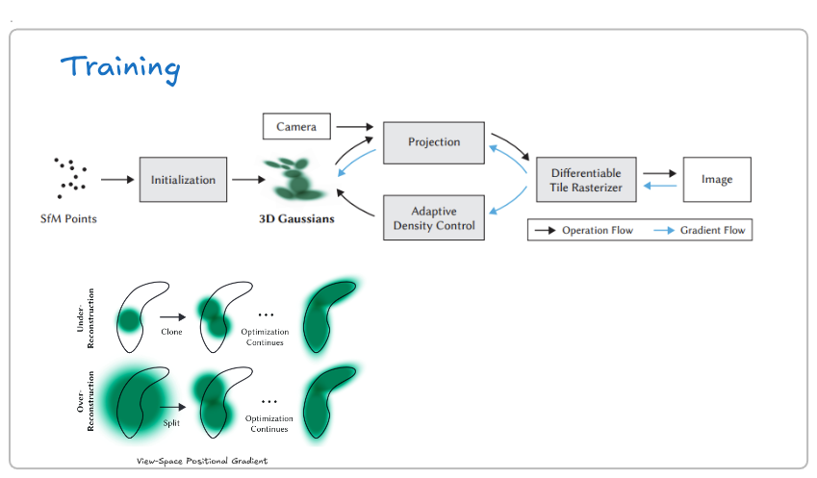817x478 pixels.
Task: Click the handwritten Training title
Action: click(x=120, y=68)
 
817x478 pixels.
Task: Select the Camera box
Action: click(x=296, y=127)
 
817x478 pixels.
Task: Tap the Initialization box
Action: click(x=183, y=180)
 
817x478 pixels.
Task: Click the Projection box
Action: click(x=434, y=142)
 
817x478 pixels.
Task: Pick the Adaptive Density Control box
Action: click(x=434, y=217)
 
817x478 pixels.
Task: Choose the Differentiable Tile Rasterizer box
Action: click(x=586, y=180)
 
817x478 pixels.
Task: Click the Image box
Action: click(x=717, y=180)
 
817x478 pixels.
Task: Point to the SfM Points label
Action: click(x=68, y=218)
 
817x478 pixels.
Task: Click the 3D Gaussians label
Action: click(x=296, y=218)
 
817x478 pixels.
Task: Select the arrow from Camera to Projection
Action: click(x=355, y=127)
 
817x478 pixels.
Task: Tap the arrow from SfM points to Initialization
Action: click(x=117, y=180)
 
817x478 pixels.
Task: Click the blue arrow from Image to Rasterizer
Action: click(x=660, y=186)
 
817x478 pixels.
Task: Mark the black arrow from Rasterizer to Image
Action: click(x=659, y=173)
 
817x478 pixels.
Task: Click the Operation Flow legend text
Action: click(x=598, y=230)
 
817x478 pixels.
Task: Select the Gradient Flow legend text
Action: click(x=713, y=230)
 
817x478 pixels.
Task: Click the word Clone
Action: click(x=171, y=332)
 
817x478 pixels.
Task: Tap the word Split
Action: click(x=171, y=423)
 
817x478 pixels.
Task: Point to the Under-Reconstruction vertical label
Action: click(x=86, y=318)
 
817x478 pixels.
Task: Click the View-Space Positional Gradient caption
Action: click(x=202, y=461)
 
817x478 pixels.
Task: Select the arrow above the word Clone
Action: click(x=173, y=317)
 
